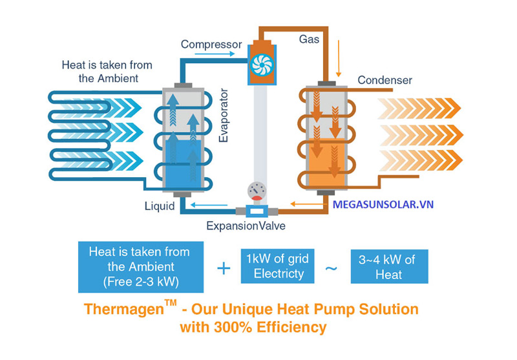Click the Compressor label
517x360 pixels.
pyautogui.click(x=211, y=45)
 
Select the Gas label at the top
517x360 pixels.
pyautogui.click(x=309, y=39)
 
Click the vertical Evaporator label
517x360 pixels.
pyautogui.click(x=223, y=123)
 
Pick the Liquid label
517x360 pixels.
pyautogui.click(x=159, y=207)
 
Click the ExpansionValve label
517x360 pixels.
pyautogui.click(x=246, y=226)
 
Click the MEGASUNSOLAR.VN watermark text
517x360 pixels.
pyautogui.click(x=383, y=205)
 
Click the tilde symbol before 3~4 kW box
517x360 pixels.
pyautogui.click(x=331, y=268)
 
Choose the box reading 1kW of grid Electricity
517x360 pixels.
pyautogui.click(x=279, y=266)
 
